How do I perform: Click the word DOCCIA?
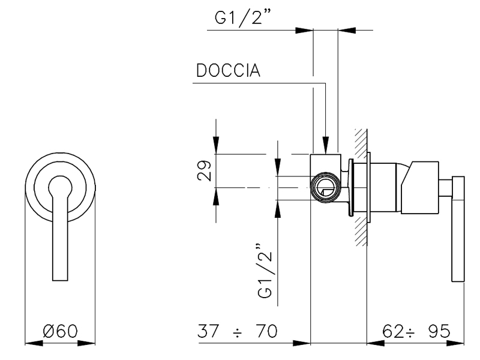pyautogui.click(x=227, y=71)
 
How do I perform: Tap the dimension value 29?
pyautogui.click(x=205, y=171)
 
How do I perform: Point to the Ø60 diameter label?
pyautogui.click(x=60, y=332)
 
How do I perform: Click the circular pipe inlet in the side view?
pyautogui.click(x=326, y=187)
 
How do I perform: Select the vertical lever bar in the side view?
pyautogui.click(x=459, y=228)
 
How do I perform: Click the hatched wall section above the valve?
pyautogui.click(x=360, y=144)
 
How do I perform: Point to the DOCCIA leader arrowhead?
pyautogui.click(x=325, y=146)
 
